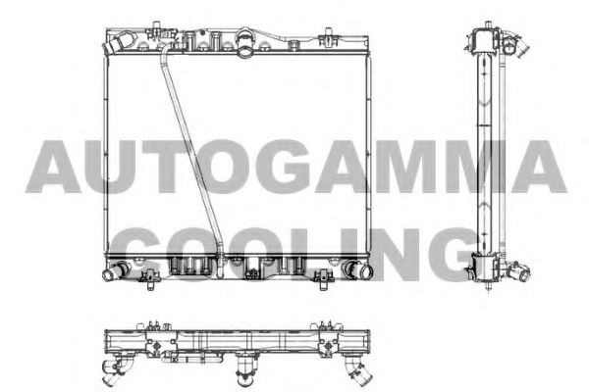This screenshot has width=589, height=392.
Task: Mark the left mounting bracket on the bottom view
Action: (154, 326)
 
